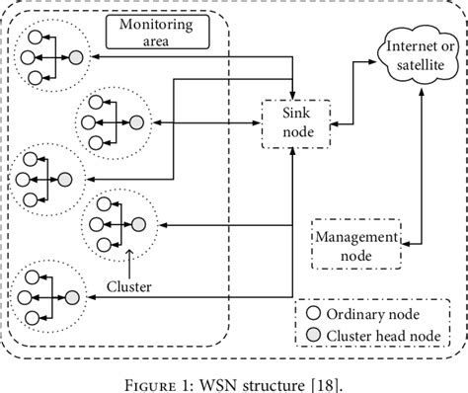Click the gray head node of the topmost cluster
pos(75,58)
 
